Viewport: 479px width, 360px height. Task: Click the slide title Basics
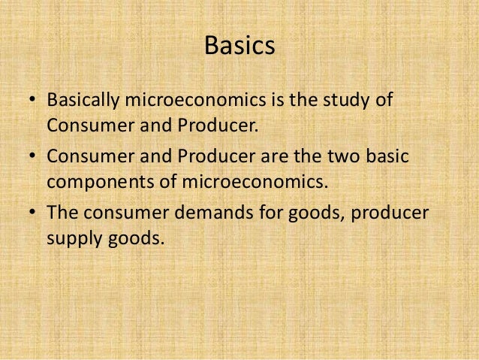pyautogui.click(x=239, y=47)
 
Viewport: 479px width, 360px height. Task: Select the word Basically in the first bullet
pyautogui.click(x=85, y=101)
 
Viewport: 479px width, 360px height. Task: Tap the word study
pyautogui.click(x=345, y=101)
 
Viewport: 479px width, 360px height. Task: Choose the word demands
pyautogui.click(x=207, y=214)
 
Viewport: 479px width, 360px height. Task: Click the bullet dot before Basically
pyautogui.click(x=33, y=101)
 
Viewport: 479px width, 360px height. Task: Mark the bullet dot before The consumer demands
pyautogui.click(x=33, y=215)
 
